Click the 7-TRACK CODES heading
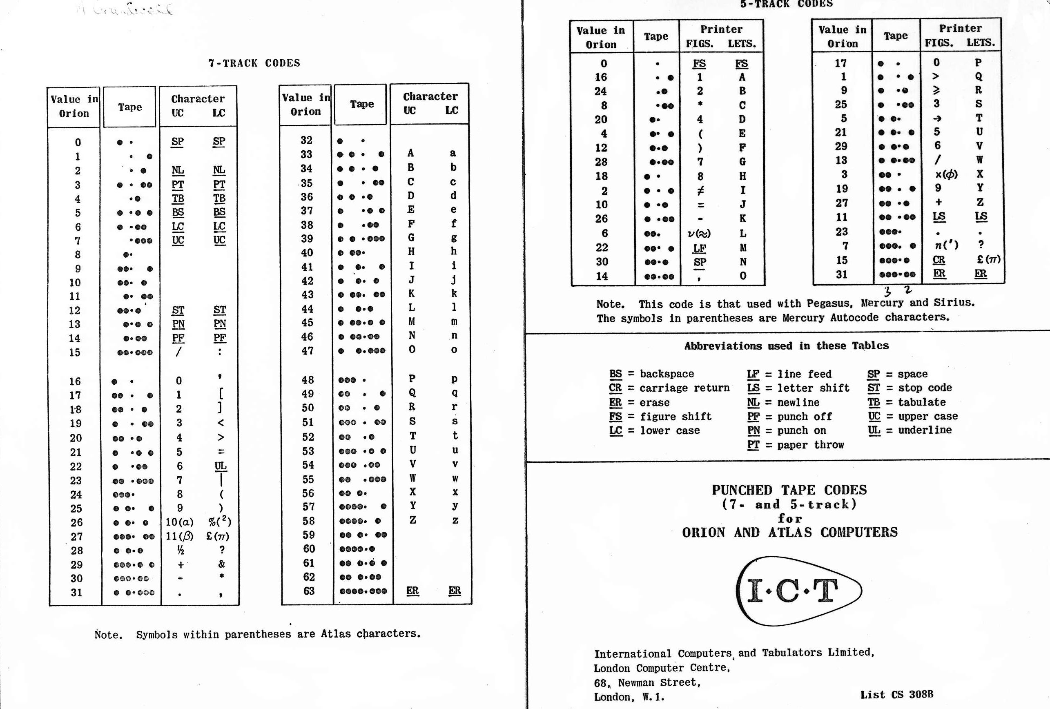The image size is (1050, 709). pos(254,63)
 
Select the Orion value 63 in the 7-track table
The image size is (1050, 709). pos(309,591)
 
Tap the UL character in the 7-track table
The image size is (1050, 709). pos(221,466)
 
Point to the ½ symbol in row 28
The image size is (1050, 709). pos(180,550)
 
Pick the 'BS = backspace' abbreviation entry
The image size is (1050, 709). pos(651,374)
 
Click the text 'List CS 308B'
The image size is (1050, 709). pos(896,695)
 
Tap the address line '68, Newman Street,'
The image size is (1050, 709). pos(647,682)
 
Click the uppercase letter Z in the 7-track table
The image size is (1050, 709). pos(412,520)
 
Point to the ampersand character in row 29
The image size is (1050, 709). pos(221,564)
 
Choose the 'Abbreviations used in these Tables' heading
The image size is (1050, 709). pos(786,346)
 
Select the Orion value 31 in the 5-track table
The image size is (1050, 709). pos(841,274)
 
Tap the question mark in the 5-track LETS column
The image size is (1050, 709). pos(981,245)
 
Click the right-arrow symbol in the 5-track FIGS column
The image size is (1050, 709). pos(938,118)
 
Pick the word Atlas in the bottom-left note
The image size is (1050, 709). pos(336,633)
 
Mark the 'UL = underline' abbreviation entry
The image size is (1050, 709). pos(910,430)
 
